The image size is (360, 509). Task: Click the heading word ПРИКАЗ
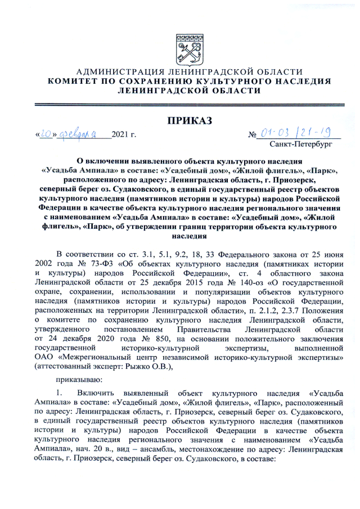click(x=188, y=120)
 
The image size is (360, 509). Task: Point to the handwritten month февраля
click(x=83, y=134)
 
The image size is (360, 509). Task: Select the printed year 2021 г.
click(x=124, y=134)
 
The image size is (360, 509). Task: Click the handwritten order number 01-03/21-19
click(x=299, y=133)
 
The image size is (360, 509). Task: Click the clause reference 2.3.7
click(x=274, y=311)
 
